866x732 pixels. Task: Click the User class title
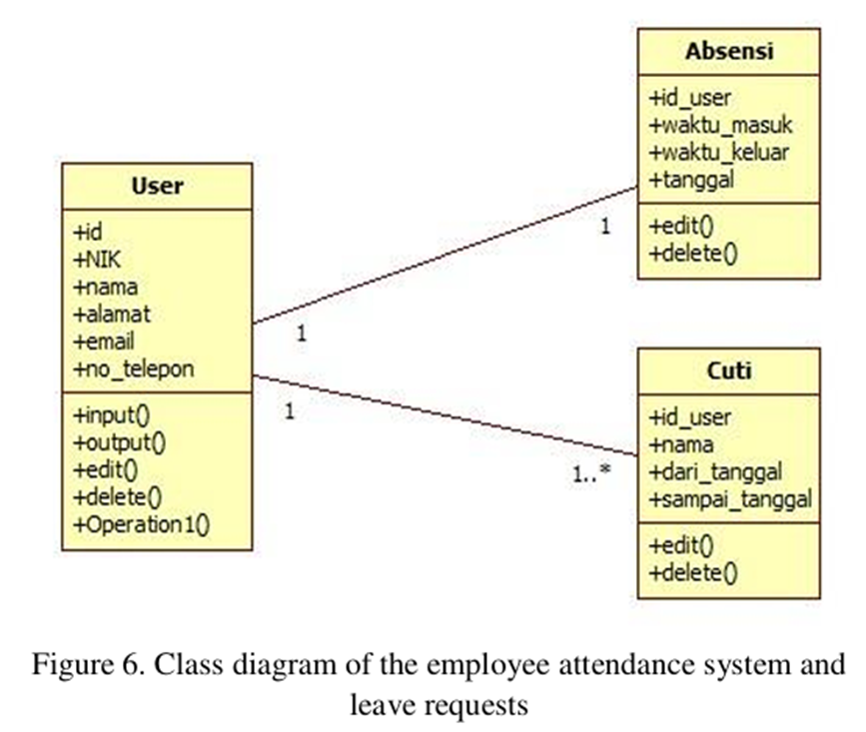click(157, 185)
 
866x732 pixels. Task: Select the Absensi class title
click(728, 51)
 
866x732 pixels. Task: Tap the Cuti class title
click(728, 371)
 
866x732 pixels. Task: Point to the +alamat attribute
click(111, 314)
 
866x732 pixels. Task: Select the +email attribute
click(105, 341)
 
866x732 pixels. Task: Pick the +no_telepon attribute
click(133, 368)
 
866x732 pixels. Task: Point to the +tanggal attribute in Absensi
click(692, 180)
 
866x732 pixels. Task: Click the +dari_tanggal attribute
click(715, 470)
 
